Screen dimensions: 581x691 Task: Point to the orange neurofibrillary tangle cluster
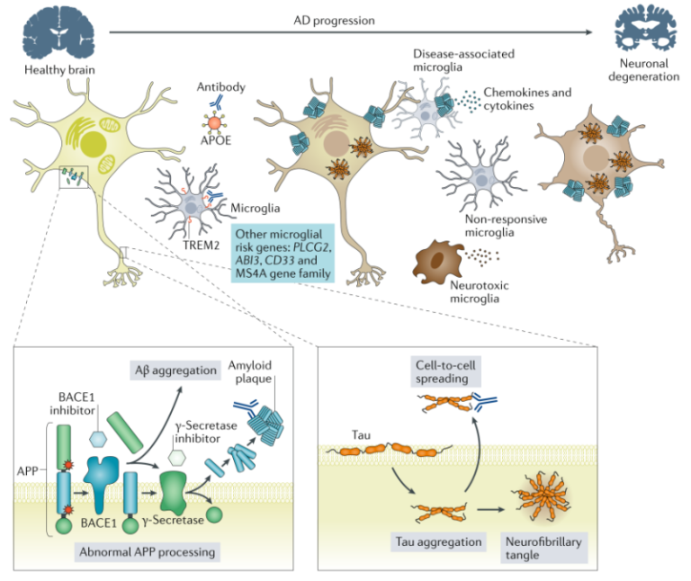(538, 497)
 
